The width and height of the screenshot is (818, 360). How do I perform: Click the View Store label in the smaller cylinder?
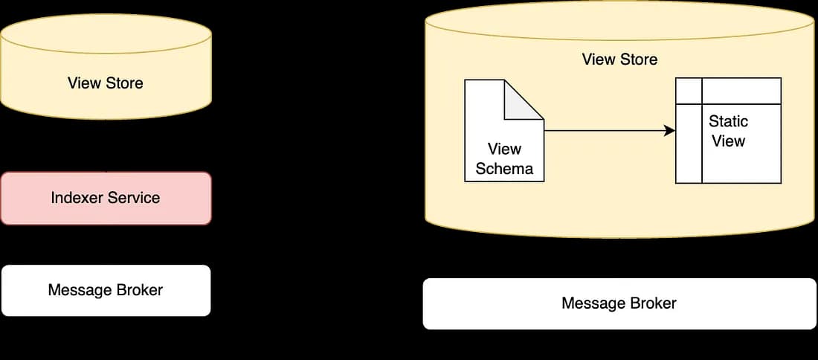click(x=105, y=83)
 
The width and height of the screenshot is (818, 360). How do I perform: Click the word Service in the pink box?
click(x=135, y=198)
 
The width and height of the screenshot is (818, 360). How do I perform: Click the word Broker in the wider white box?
click(x=651, y=303)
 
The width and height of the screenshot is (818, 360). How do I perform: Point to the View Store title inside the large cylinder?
click(x=619, y=60)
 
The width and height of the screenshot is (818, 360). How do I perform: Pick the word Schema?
click(x=504, y=169)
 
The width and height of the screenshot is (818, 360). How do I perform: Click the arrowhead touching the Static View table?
click(x=670, y=131)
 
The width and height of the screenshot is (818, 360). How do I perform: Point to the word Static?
click(x=728, y=121)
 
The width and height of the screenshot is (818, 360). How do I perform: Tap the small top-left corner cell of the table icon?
click(x=689, y=91)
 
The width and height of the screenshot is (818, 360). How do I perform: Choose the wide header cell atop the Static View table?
click(x=741, y=91)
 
